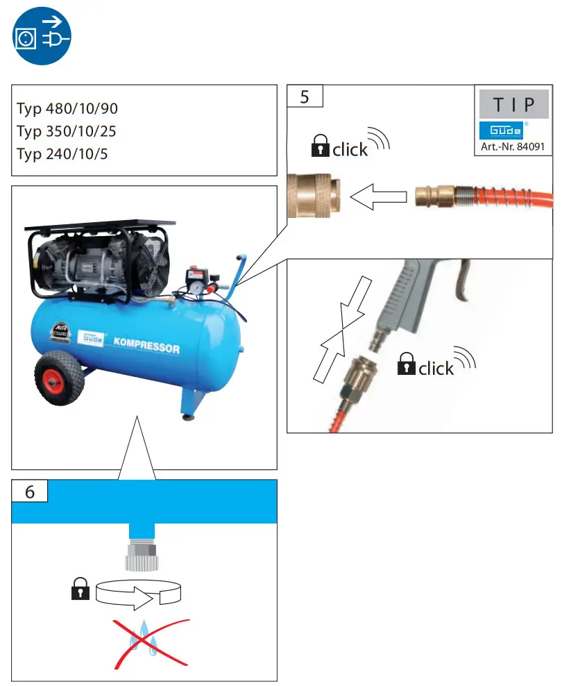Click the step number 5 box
point(305,97)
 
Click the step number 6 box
point(30,491)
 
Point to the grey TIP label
point(513,106)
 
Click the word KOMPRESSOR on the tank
point(147,345)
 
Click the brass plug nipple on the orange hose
point(434,196)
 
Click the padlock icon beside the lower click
point(406,364)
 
